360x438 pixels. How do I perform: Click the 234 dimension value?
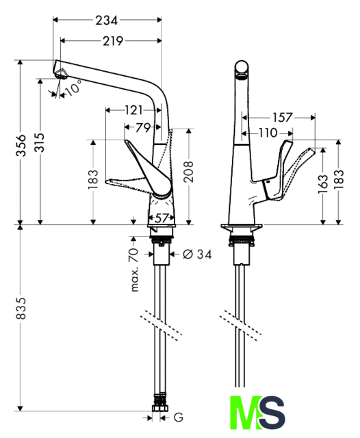click(106, 21)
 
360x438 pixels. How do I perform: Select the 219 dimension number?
click(113, 41)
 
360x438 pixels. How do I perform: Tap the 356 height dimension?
click(21, 145)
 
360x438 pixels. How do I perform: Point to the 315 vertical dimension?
click(40, 142)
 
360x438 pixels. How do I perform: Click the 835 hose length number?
click(21, 308)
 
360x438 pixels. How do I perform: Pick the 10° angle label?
click(74, 88)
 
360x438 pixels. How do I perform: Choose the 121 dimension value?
click(133, 110)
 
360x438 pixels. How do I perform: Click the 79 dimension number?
click(143, 128)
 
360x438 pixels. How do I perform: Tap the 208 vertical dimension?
click(189, 172)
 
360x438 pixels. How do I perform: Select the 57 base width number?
click(162, 218)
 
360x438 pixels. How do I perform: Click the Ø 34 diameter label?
click(197, 254)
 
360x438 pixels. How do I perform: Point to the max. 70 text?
click(134, 270)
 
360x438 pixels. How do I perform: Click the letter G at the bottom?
click(179, 417)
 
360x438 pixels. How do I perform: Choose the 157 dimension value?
click(283, 118)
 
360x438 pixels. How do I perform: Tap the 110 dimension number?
click(268, 133)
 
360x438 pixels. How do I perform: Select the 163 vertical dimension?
click(323, 184)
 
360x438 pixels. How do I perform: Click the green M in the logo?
click(246, 412)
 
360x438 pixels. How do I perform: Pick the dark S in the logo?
click(272, 413)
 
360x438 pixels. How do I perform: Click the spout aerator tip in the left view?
click(61, 75)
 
